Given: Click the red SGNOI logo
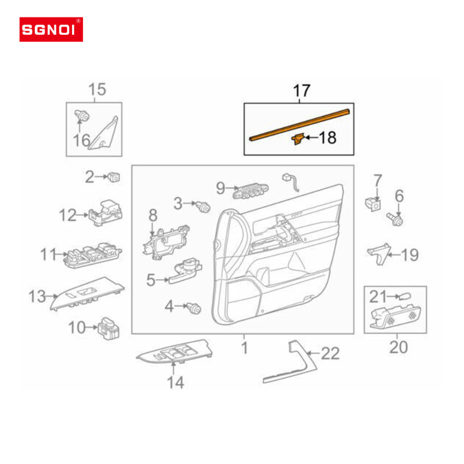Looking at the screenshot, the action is click(x=51, y=30).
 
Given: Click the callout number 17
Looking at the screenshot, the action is click(x=302, y=91).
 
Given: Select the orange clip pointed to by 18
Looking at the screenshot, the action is click(x=298, y=139).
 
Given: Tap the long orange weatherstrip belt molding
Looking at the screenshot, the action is click(x=299, y=125).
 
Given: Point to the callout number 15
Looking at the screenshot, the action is click(x=97, y=89).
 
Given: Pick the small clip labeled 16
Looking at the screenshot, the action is click(x=81, y=115).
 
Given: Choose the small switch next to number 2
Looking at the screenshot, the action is click(x=114, y=177).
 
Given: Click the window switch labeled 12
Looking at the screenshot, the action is click(x=106, y=213).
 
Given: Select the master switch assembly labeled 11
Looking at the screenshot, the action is click(x=93, y=255).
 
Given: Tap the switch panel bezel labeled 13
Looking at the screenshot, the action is click(x=88, y=293).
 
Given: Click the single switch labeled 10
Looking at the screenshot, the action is click(x=109, y=328).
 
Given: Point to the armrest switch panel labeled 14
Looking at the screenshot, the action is click(x=175, y=351).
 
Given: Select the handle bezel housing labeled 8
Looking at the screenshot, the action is click(x=166, y=242).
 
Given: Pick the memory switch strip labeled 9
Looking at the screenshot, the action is click(x=251, y=191).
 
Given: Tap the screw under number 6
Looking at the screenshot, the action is click(x=395, y=219).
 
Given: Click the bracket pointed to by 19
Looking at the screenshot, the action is click(x=379, y=253).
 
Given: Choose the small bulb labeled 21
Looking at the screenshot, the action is click(x=404, y=296).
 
